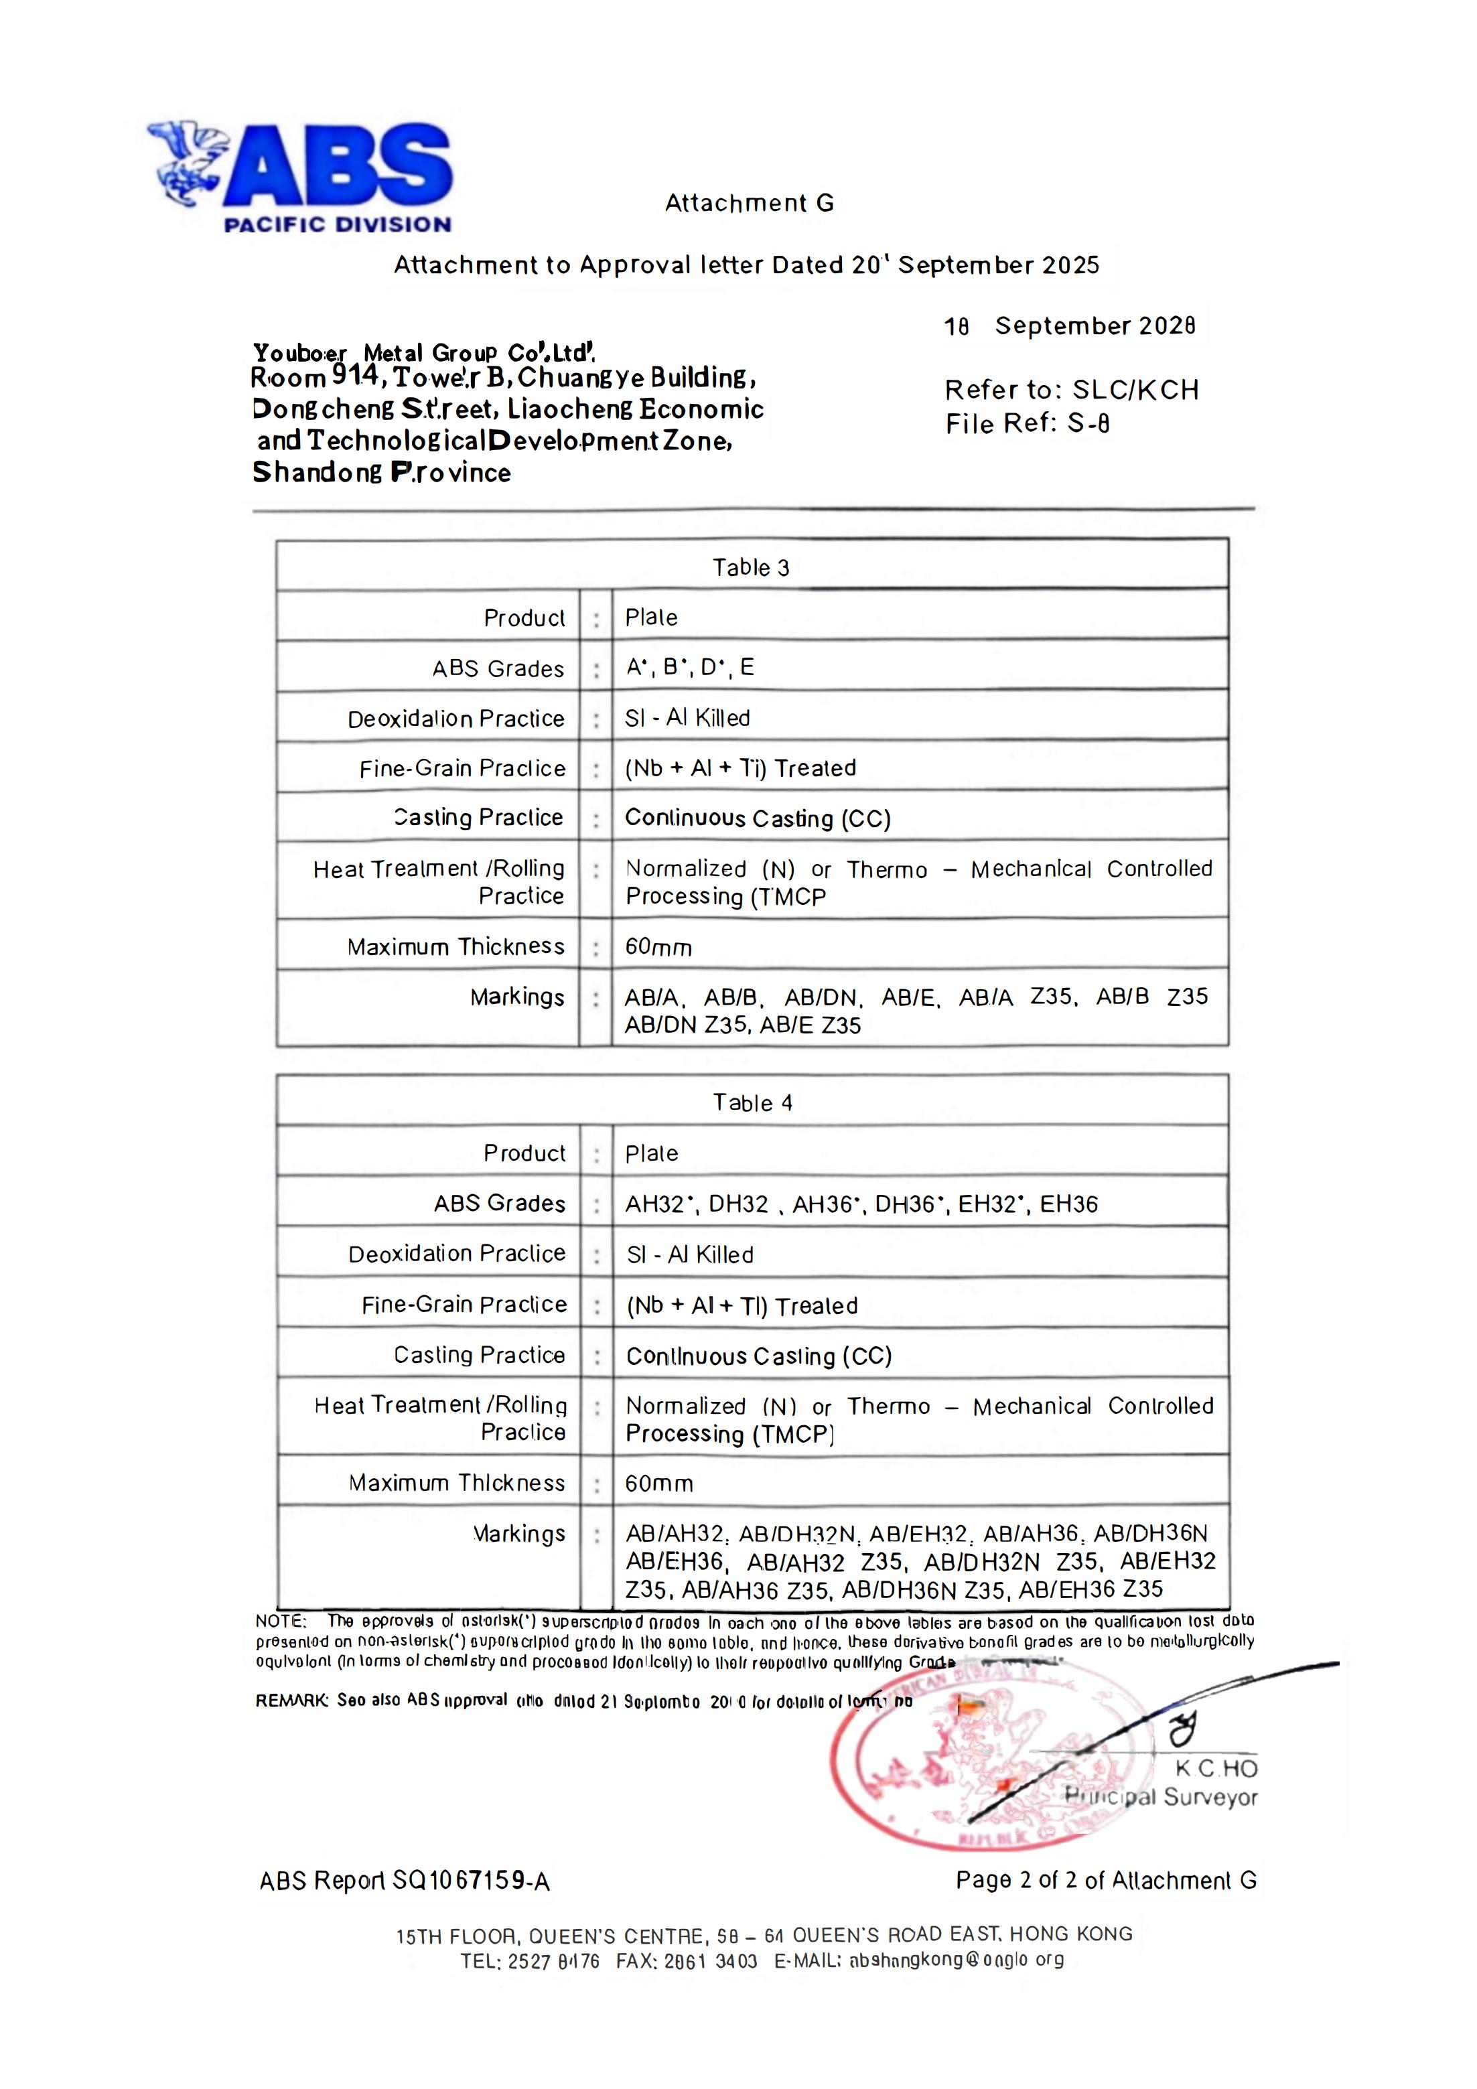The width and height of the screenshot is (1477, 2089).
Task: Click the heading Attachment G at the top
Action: [x=749, y=203]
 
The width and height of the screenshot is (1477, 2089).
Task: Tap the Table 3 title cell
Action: [x=751, y=568]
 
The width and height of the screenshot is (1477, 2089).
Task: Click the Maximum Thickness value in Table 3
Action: [x=658, y=947]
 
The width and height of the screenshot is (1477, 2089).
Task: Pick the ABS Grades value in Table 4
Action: [x=861, y=1204]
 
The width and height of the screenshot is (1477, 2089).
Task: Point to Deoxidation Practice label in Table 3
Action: [x=456, y=719]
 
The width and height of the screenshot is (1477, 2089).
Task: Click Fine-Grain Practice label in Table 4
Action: [x=464, y=1305]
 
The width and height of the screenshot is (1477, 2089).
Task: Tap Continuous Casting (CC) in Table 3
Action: [x=757, y=818]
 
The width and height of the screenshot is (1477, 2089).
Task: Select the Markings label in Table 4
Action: [x=518, y=1534]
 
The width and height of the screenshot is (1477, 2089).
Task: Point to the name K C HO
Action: [x=1216, y=1768]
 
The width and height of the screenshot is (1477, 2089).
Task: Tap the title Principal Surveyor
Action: [x=1162, y=1797]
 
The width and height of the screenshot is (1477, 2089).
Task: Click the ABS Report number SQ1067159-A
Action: [x=405, y=1881]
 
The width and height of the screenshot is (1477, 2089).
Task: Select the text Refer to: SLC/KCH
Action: [x=1072, y=390]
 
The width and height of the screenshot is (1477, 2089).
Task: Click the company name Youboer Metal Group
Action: [x=423, y=352]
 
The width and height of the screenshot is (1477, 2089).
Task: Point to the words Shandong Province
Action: [x=381, y=472]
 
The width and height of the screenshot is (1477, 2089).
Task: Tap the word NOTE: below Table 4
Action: [x=281, y=1620]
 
